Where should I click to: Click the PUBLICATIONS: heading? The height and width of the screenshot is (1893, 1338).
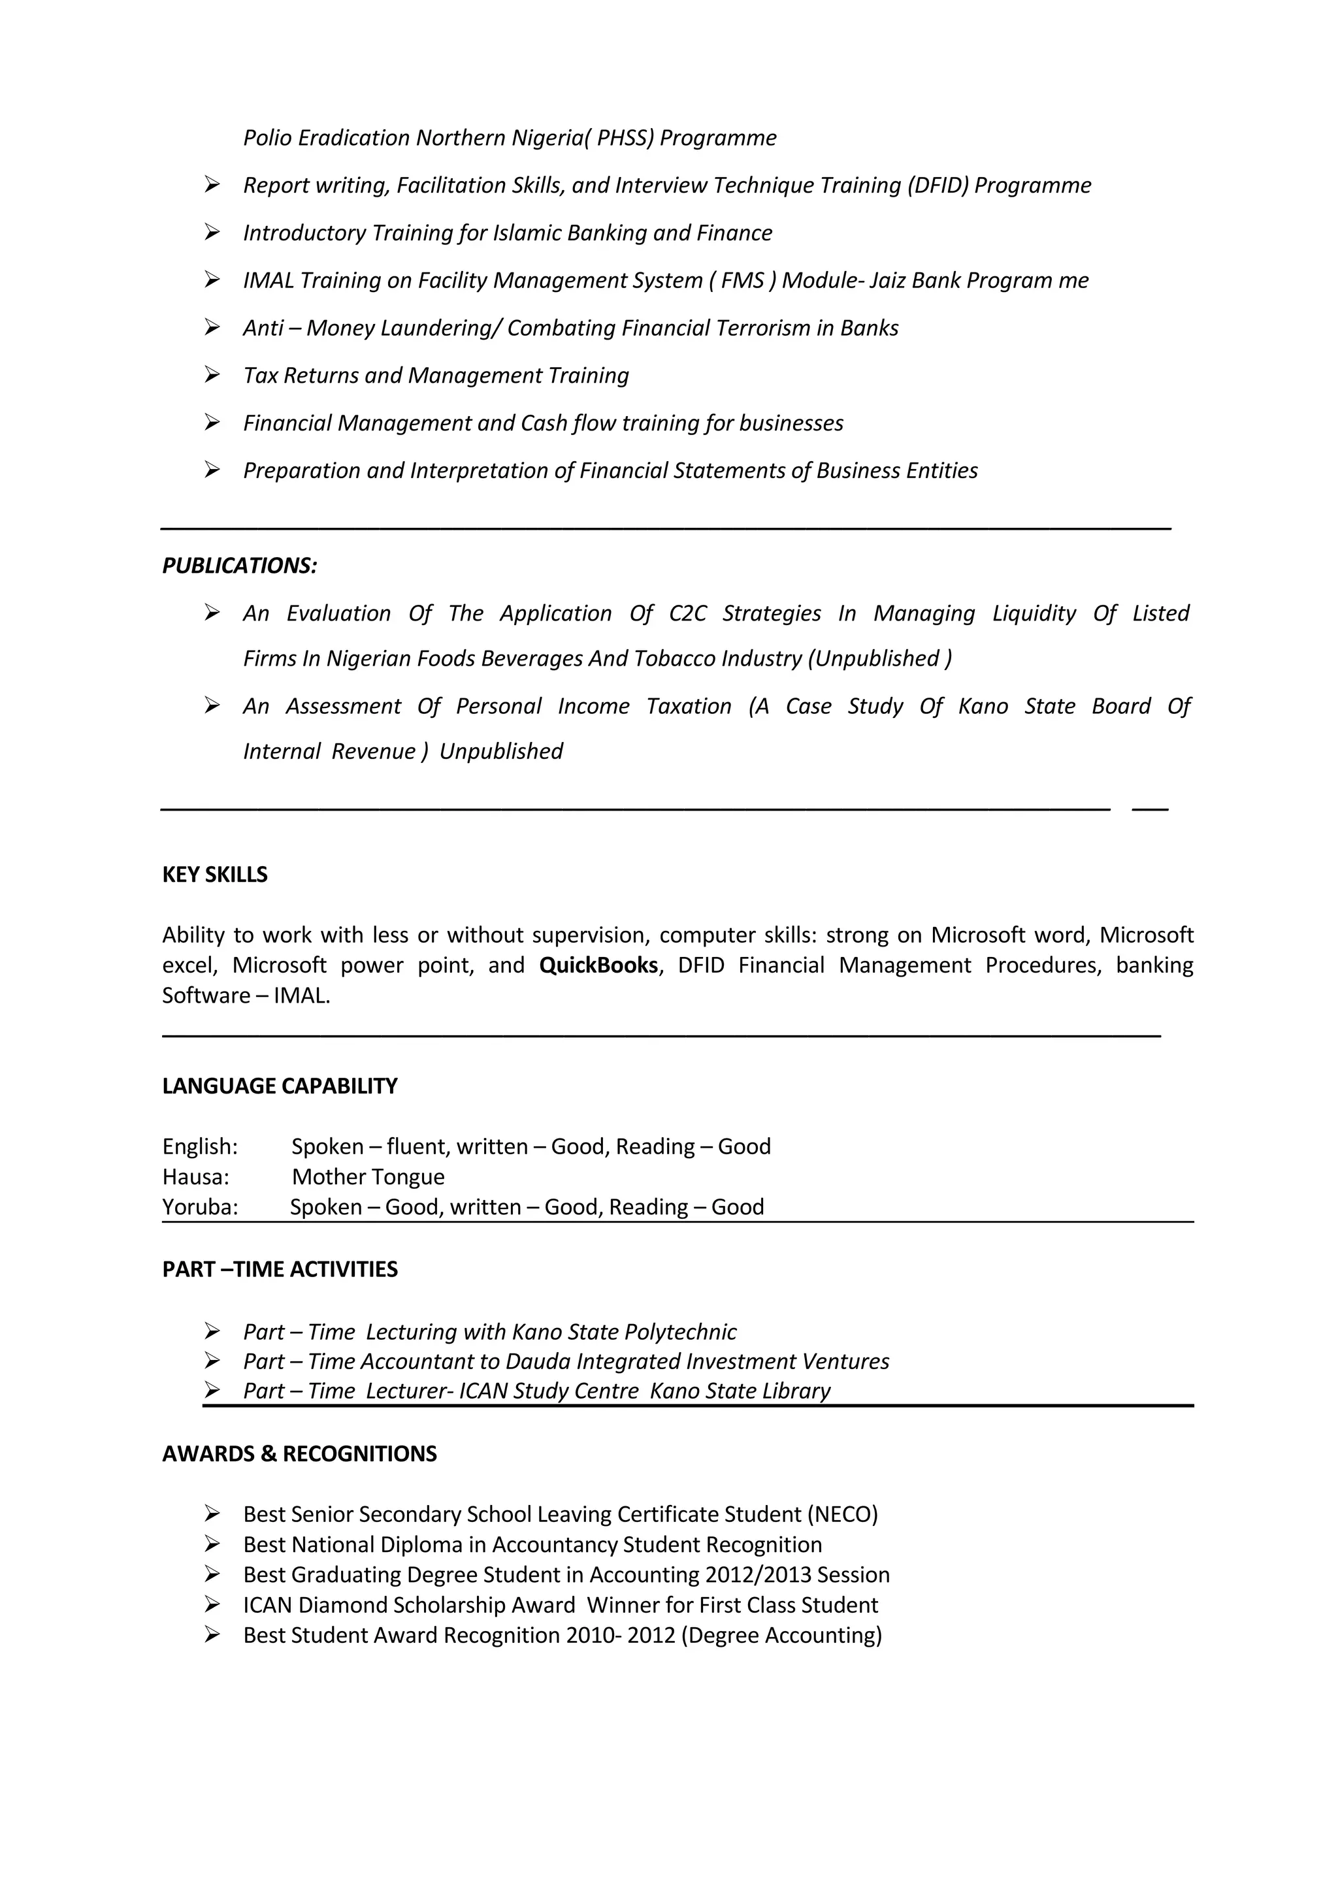pyautogui.click(x=239, y=566)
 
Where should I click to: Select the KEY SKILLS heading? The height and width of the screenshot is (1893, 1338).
pyautogui.click(x=214, y=874)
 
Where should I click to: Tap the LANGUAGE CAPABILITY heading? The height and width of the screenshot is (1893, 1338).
pyautogui.click(x=280, y=1086)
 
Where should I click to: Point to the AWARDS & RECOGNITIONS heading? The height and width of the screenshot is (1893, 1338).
pyautogui.click(x=299, y=1453)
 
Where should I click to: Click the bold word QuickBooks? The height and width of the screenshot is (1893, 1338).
pyautogui.click(x=598, y=965)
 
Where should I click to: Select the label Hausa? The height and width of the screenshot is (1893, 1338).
pyautogui.click(x=195, y=1176)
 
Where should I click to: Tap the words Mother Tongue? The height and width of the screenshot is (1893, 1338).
pyautogui.click(x=368, y=1176)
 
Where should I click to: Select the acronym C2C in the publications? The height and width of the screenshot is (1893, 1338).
pyautogui.click(x=687, y=613)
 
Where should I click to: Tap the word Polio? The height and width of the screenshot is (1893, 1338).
pyautogui.click(x=268, y=138)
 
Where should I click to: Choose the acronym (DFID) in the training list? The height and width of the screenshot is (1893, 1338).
pyautogui.click(x=938, y=186)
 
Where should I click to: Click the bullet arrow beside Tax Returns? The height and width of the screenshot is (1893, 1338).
pyautogui.click(x=212, y=375)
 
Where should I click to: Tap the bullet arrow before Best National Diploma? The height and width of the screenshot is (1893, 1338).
pyautogui.click(x=212, y=1544)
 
